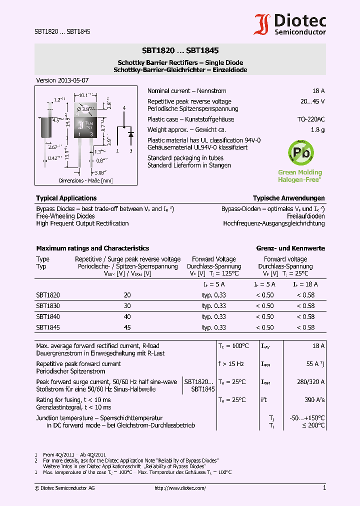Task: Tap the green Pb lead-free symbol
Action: (x=299, y=152)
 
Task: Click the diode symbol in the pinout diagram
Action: (x=130, y=134)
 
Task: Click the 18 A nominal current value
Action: (x=318, y=91)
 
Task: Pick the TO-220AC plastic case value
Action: (x=310, y=119)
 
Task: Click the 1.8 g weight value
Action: (x=317, y=130)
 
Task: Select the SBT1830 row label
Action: (x=48, y=306)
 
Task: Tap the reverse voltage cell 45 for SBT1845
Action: (x=127, y=327)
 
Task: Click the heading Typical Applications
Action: (x=66, y=198)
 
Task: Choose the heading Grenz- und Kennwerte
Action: (x=290, y=248)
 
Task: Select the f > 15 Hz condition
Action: (x=230, y=364)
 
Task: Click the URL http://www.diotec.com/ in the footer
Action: (x=180, y=488)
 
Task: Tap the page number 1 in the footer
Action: (x=324, y=488)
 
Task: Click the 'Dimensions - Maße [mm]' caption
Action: (x=85, y=180)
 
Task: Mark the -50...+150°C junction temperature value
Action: (x=307, y=418)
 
